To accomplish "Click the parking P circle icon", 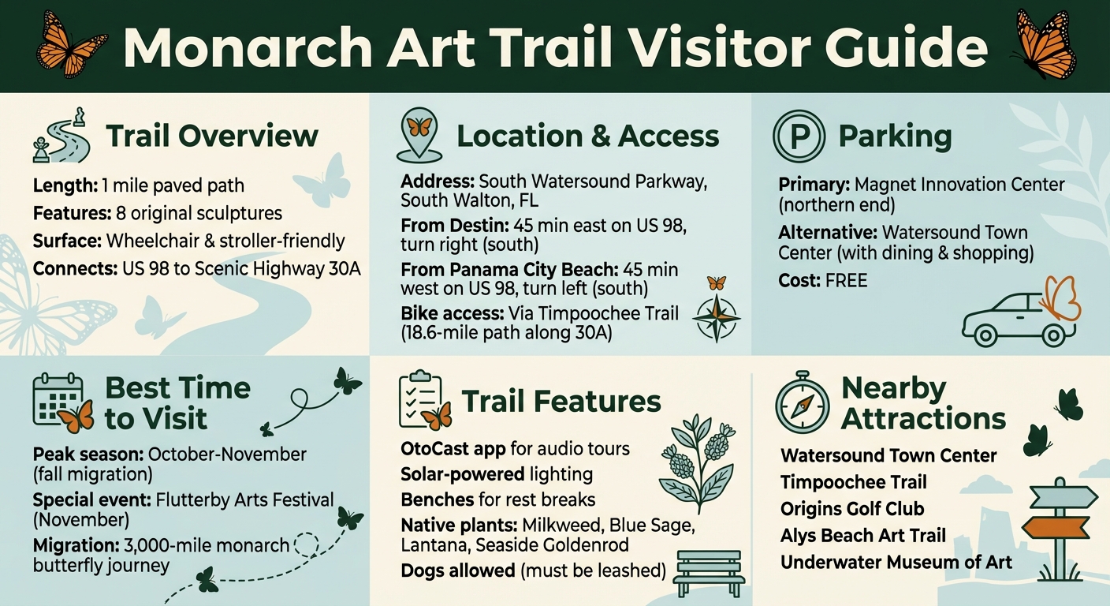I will pos(799,137).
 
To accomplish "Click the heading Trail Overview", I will pos(212,136).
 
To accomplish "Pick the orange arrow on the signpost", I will pos(1055,527).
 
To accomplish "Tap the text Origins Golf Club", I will pos(852,509).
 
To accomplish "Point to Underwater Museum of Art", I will pos(896,563).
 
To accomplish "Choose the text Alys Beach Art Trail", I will pos(863,536).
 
